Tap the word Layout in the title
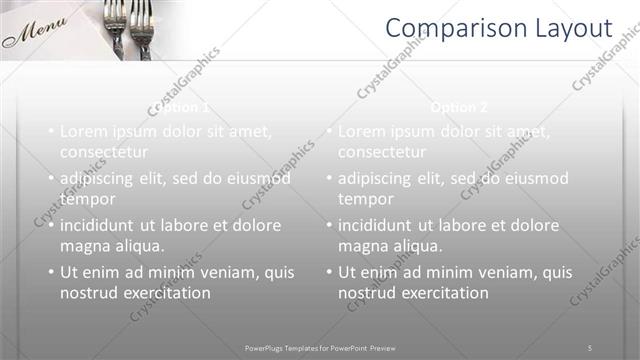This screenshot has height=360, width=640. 566,28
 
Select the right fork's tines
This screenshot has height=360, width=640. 141,15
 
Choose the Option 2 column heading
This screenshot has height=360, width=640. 460,107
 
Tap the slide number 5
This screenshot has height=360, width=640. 590,347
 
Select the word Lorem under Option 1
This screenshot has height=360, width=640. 84,131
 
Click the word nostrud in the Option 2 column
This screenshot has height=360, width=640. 368,293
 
